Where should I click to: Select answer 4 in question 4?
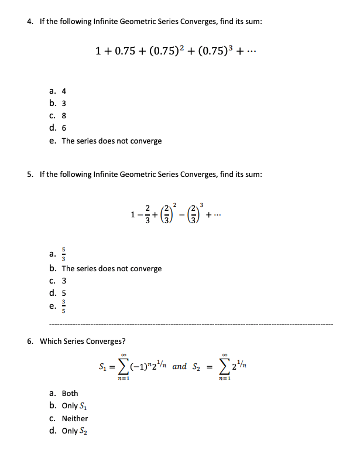[64, 91]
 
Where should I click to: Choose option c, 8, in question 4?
[64, 116]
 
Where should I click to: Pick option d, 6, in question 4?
[64, 128]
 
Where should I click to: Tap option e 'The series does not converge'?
[111, 141]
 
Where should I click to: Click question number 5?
[29, 175]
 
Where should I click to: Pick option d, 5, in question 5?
[64, 293]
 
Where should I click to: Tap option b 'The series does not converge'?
[111, 269]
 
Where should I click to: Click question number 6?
[29, 342]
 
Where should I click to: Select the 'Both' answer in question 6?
[70, 393]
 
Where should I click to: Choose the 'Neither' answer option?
[74, 418]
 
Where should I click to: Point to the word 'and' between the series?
[180, 367]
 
